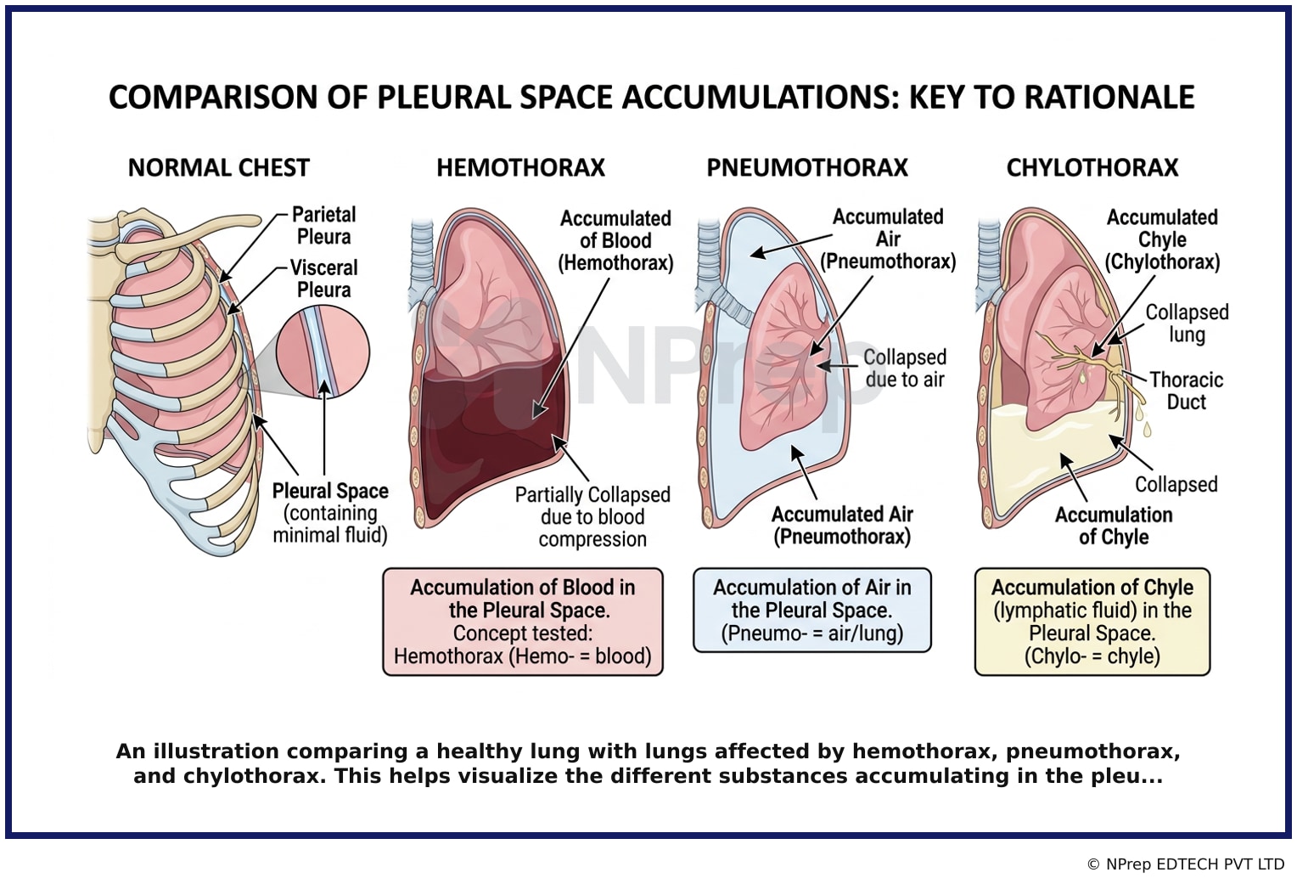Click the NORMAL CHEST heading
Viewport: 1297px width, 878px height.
pyautogui.click(x=219, y=168)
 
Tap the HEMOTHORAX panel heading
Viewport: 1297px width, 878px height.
pyautogui.click(x=520, y=168)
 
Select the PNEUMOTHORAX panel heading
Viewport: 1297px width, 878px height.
pyautogui.click(x=807, y=168)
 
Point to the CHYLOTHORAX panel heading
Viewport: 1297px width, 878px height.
pyautogui.click(x=1092, y=168)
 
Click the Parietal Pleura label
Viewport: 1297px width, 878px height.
pyautogui.click(x=323, y=225)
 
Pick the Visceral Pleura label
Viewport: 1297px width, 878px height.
pyautogui.click(x=323, y=279)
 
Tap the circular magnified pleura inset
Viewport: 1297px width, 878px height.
pyautogui.click(x=323, y=352)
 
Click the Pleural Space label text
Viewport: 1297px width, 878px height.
pyautogui.click(x=330, y=491)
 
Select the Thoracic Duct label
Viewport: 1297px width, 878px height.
pyautogui.click(x=1187, y=391)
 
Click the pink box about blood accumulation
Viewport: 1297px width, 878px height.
pyautogui.click(x=523, y=622)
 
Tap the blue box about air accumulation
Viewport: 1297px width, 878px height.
pyautogui.click(x=812, y=610)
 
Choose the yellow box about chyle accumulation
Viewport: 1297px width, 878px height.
pyautogui.click(x=1092, y=622)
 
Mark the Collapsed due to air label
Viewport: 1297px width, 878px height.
pyautogui.click(x=905, y=369)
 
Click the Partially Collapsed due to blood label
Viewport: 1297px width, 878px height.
pyautogui.click(x=592, y=516)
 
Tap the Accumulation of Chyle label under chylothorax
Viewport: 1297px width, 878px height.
pyautogui.click(x=1114, y=526)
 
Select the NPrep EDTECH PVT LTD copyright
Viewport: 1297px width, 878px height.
pyautogui.click(x=1186, y=864)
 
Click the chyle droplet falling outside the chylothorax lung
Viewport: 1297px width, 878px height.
pyautogui.click(x=1147, y=429)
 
